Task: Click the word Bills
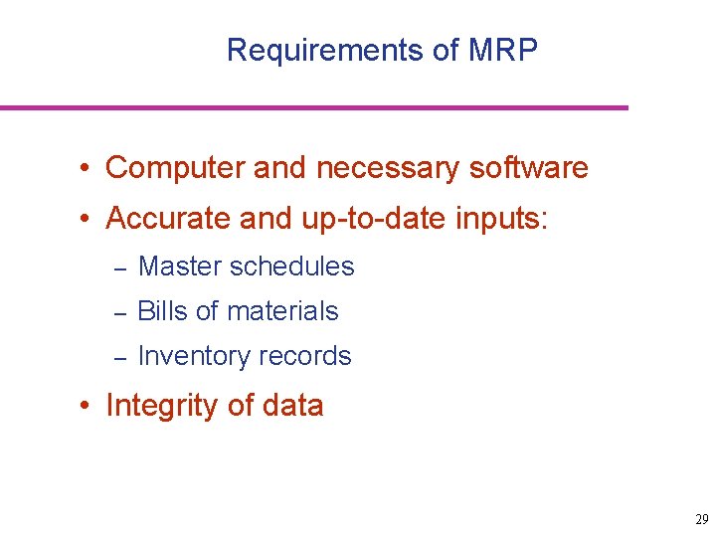162,311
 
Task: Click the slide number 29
702,520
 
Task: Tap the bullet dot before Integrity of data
88,407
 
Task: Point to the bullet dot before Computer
88,169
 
